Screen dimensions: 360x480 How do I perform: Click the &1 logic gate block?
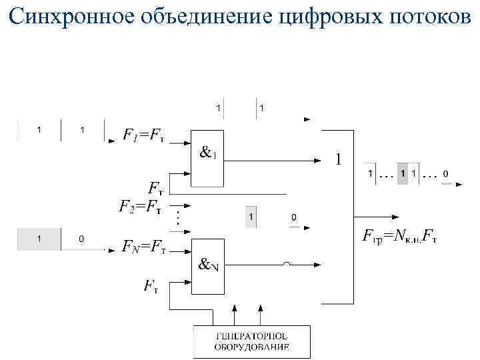pyautogui.click(x=208, y=157)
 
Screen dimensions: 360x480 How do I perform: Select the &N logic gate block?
pyautogui.click(x=208, y=265)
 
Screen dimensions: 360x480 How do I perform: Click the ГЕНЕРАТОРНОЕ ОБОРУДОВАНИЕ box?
pyautogui.click(x=251, y=342)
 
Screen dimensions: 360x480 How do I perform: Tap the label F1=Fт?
pyautogui.click(x=143, y=135)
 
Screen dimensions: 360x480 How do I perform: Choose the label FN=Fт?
pyautogui.click(x=144, y=247)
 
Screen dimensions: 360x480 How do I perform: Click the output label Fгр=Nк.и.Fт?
pyautogui.click(x=399, y=235)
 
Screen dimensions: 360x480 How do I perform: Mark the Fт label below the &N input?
pyautogui.click(x=151, y=287)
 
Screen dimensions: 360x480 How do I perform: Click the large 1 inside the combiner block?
pyautogui.click(x=338, y=160)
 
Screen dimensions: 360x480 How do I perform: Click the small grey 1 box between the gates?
pyautogui.click(x=251, y=217)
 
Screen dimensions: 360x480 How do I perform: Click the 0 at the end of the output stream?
pyautogui.click(x=445, y=175)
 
